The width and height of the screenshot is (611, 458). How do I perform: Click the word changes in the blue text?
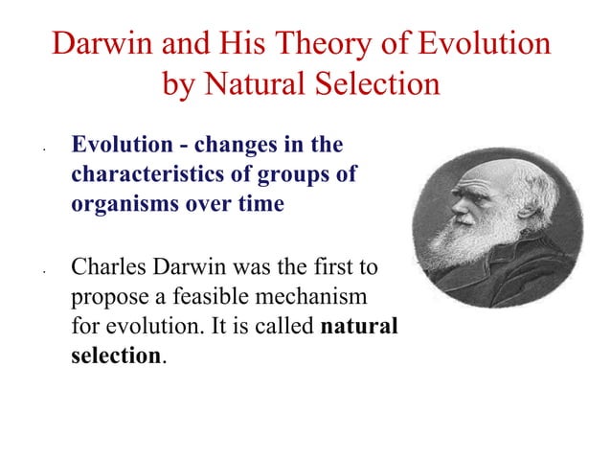234,147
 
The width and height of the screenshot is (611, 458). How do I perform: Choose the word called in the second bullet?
285,326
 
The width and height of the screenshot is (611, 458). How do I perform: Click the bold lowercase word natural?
359,326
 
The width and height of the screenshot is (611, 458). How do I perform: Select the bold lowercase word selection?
116,355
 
